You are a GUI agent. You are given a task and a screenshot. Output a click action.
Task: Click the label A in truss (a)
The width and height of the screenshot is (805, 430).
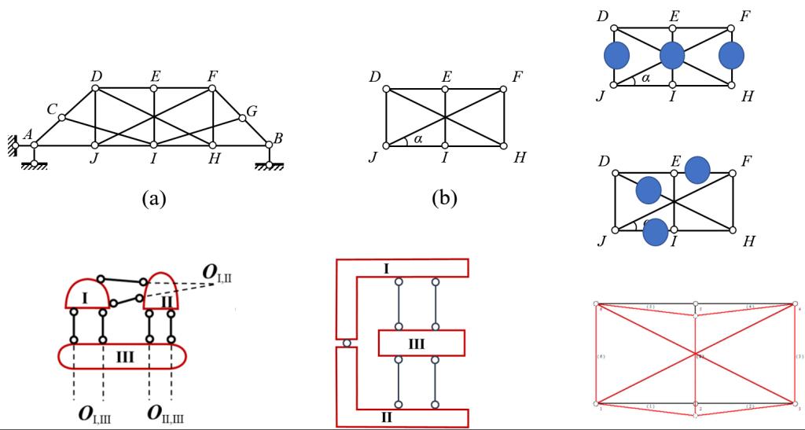coord(28,134)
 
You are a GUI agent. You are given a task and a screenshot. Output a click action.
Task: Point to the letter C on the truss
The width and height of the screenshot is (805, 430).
coord(52,109)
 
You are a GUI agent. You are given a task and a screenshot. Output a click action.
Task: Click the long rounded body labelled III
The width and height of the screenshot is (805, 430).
coord(123,356)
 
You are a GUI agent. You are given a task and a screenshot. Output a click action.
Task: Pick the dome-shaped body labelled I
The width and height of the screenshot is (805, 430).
coord(86,296)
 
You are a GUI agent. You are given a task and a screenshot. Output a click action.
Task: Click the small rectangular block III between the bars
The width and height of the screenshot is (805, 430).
coord(421,344)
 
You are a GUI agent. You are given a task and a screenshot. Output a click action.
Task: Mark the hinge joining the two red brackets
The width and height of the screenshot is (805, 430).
coord(347,344)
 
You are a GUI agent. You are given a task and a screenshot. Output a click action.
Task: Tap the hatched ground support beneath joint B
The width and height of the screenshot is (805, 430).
coord(270,167)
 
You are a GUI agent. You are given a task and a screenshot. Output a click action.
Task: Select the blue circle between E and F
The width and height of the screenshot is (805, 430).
coord(697,169)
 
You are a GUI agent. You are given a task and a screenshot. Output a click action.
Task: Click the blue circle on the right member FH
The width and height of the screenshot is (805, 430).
coord(732,57)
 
